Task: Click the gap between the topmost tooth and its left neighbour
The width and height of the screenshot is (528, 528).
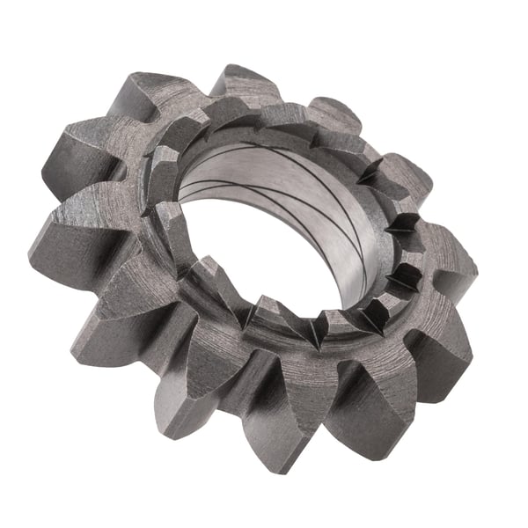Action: (198, 97)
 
